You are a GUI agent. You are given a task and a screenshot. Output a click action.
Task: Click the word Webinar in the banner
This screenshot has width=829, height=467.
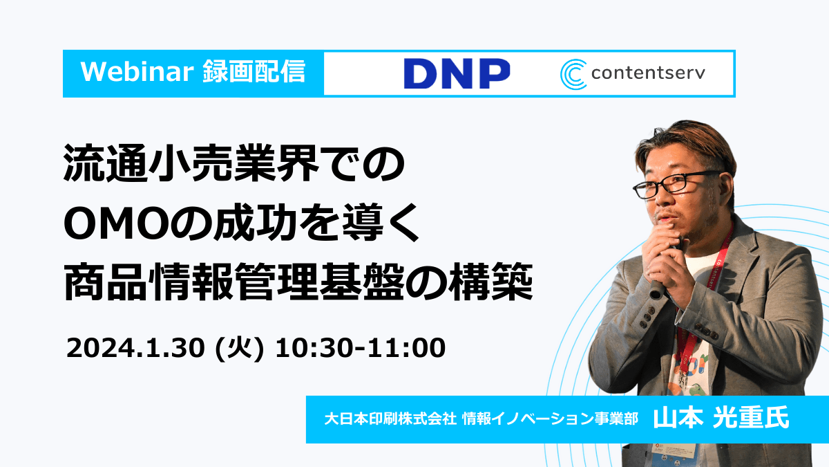tap(137, 71)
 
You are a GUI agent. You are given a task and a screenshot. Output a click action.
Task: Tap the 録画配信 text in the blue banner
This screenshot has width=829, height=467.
tap(254, 71)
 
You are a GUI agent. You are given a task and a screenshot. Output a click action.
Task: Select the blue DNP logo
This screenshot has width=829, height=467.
tap(457, 73)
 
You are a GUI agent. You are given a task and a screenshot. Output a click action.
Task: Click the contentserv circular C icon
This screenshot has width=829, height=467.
tap(573, 74)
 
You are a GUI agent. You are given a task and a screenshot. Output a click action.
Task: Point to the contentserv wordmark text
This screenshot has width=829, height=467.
tap(648, 73)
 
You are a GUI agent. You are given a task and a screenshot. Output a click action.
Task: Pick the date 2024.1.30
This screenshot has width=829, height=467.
tap(135, 348)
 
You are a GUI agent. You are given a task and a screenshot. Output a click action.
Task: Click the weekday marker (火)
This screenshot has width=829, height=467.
tap(240, 349)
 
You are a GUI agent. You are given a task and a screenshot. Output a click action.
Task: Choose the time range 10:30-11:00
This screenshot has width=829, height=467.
tap(361, 348)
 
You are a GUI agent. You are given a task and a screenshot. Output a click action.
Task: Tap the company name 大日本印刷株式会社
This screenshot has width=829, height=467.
tap(390, 419)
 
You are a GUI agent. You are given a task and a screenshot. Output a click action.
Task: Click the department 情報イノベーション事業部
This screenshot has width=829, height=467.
tap(551, 419)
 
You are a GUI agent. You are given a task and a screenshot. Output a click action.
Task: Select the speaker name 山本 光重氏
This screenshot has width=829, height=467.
tap(721, 418)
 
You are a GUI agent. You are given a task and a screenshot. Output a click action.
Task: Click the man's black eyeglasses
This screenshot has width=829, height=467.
tap(677, 184)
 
